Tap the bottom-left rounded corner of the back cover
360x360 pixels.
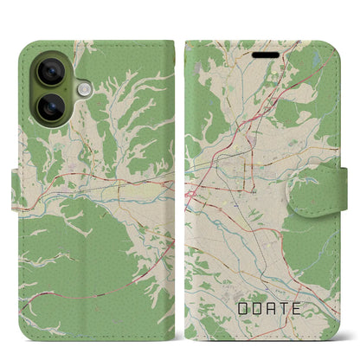[x=23, y=333]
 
